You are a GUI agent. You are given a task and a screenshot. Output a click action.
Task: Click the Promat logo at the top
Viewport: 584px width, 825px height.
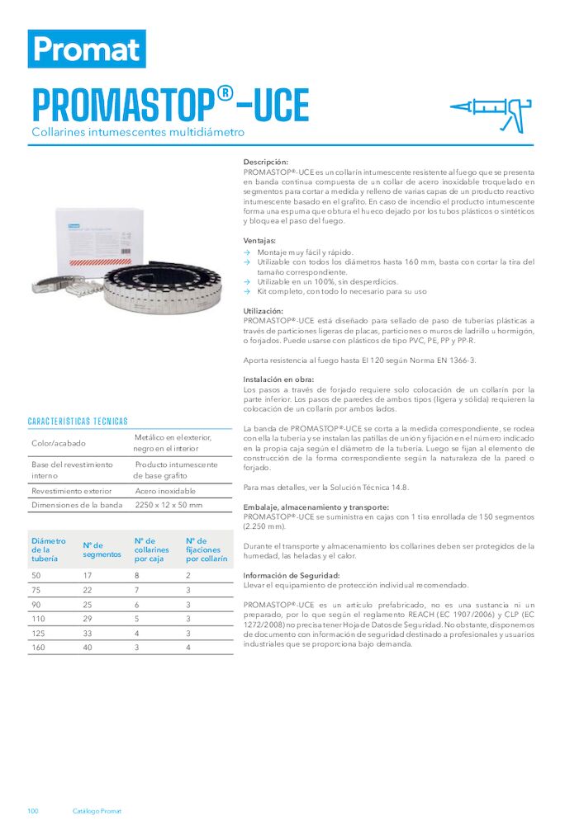(87, 49)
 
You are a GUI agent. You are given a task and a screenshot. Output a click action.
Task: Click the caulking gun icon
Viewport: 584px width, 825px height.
(488, 114)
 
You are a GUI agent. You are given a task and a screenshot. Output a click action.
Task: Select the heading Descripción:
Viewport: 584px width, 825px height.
(266, 162)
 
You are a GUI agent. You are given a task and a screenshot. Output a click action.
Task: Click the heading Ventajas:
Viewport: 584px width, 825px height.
(260, 240)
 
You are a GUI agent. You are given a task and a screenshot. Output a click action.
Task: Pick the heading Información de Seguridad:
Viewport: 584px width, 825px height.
(292, 575)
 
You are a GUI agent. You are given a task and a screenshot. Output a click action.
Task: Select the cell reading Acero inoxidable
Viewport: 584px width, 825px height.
(165, 491)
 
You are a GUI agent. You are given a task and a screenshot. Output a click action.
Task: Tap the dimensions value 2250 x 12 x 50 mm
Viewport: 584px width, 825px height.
(169, 505)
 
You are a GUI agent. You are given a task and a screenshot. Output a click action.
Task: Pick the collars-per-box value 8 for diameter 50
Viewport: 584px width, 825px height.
(137, 575)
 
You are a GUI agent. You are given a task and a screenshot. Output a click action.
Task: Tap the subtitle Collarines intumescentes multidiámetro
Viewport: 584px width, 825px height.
(138, 132)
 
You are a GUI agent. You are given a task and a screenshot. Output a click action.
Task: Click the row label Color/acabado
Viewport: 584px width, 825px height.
(54, 443)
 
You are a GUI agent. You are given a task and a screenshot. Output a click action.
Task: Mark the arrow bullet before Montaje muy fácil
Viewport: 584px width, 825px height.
(248, 252)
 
